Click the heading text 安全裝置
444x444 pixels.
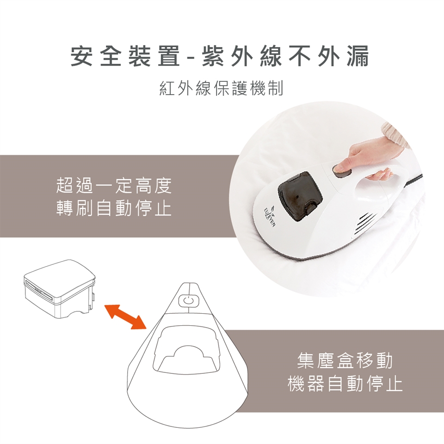pyautogui.click(x=125, y=56)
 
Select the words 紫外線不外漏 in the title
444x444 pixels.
pyautogui.click(x=285, y=56)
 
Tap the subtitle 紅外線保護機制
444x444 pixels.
pyautogui.click(x=222, y=88)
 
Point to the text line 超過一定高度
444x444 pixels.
pyautogui.click(x=114, y=186)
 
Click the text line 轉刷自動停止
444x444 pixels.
pyautogui.click(x=114, y=208)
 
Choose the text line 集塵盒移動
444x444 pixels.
pyautogui.click(x=345, y=360)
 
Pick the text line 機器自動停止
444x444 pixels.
pyautogui.click(x=345, y=383)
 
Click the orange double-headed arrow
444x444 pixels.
pyautogui.click(x=125, y=317)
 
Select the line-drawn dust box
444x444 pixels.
pyautogui.click(x=60, y=290)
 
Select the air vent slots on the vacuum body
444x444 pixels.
pyautogui.click(x=364, y=223)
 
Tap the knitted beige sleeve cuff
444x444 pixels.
pyautogui.click(x=397, y=135)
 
